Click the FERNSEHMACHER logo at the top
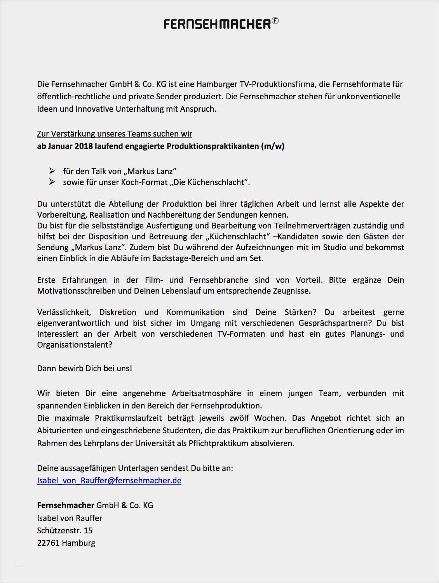[x=217, y=24]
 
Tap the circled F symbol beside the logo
[x=275, y=21]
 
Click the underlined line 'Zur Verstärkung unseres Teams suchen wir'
[x=115, y=134]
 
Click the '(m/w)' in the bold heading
[x=273, y=146]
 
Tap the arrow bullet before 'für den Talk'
[x=52, y=171]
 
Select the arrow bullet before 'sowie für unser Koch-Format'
[x=52, y=182]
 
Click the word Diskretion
[x=118, y=312]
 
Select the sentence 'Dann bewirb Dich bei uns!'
[x=85, y=368]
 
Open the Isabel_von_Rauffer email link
[x=109, y=481]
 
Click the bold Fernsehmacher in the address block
[x=66, y=505]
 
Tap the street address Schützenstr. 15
[x=65, y=531]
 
